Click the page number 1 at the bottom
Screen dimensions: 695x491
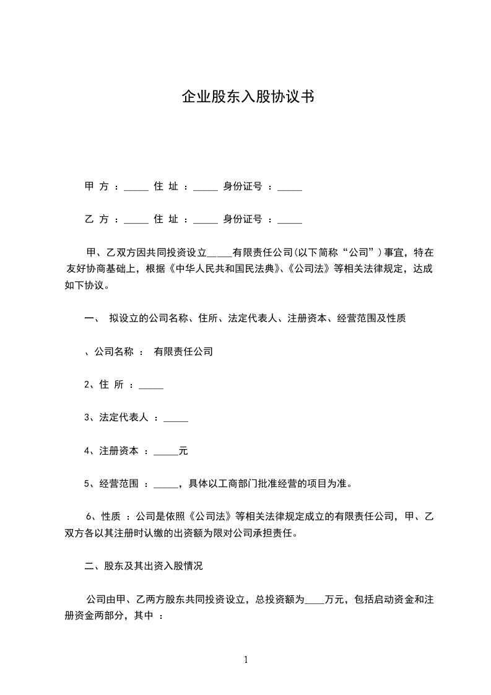pos(246,660)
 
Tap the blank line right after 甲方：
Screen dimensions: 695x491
pos(136,188)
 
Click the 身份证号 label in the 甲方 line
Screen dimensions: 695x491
pos(243,186)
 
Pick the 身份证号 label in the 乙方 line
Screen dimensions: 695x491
pos(243,219)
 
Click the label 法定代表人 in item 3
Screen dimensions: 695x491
pos(124,418)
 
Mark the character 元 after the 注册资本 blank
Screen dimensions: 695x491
pos(183,451)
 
